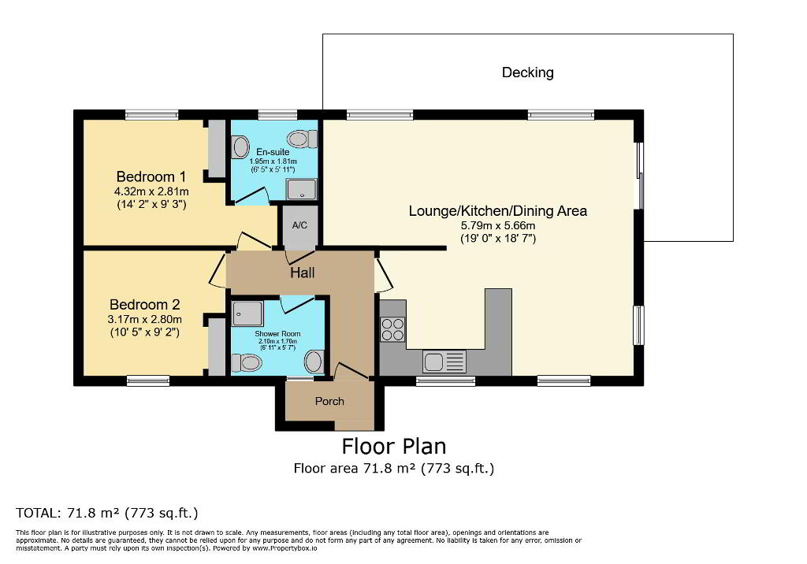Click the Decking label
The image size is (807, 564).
tap(527, 72)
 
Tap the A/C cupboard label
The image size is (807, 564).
tap(299, 225)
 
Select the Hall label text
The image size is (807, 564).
tap(302, 273)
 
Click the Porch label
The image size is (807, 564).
tap(329, 402)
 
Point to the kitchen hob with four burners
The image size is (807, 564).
tap(392, 329)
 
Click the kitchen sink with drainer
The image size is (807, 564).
tap(444, 362)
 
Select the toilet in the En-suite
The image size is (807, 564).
tap(302, 139)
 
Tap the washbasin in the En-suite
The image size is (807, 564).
tap(240, 147)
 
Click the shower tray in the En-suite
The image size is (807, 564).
tap(302, 189)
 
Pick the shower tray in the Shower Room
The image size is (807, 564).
tap(247, 314)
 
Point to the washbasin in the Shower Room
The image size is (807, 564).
tap(314, 362)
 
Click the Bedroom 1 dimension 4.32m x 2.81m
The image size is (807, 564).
tap(151, 192)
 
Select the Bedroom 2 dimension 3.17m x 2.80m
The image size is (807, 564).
tap(145, 320)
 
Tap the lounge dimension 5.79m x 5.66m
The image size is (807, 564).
tap(498, 225)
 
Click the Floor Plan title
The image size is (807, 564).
tap(394, 446)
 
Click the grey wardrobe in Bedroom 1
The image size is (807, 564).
tap(217, 147)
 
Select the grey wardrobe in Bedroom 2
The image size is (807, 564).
tap(217, 347)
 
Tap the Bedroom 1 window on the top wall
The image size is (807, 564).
tap(152, 115)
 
